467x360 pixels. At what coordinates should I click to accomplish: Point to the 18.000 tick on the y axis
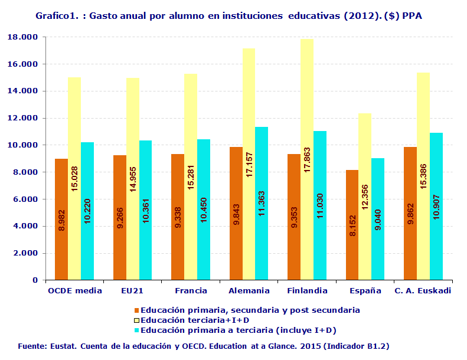click(x=23, y=37)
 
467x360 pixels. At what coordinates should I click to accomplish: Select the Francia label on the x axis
click(x=191, y=290)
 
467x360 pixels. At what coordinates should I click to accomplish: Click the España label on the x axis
click(x=365, y=290)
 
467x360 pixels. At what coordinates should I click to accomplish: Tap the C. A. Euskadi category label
click(x=423, y=290)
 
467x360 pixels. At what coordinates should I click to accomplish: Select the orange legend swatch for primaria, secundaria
click(x=137, y=310)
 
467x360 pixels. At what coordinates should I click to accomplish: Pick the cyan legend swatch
click(x=137, y=330)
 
